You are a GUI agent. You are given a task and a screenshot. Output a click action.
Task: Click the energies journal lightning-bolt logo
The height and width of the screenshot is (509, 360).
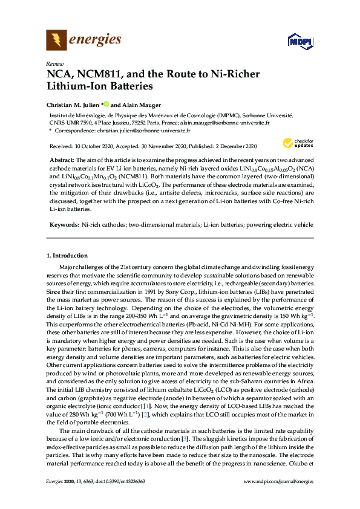pos(57,41)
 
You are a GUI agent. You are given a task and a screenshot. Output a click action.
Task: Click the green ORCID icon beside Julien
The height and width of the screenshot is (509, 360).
pos(106,103)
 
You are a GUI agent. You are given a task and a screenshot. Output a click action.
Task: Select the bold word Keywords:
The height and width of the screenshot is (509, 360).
pos(64,224)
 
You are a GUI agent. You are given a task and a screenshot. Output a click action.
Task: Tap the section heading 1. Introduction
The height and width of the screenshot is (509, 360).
pos(67,256)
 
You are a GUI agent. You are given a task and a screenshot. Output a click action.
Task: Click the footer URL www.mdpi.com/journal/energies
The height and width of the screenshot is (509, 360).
pos(278,481)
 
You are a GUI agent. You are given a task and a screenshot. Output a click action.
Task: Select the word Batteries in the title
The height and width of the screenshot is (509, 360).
pos(124,86)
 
